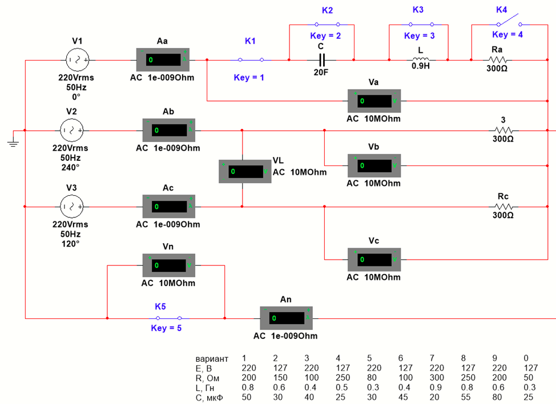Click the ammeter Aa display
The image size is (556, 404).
[x=163, y=59]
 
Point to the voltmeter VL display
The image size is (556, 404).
[x=244, y=171]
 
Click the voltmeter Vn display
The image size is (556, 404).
[x=169, y=265]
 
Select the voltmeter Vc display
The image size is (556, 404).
[x=374, y=259]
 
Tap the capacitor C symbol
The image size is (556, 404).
[x=321, y=59]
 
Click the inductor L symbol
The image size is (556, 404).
[x=421, y=59]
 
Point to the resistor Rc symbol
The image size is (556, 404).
[x=503, y=206]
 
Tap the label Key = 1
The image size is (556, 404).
[x=249, y=78]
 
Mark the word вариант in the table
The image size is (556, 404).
[x=212, y=358]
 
